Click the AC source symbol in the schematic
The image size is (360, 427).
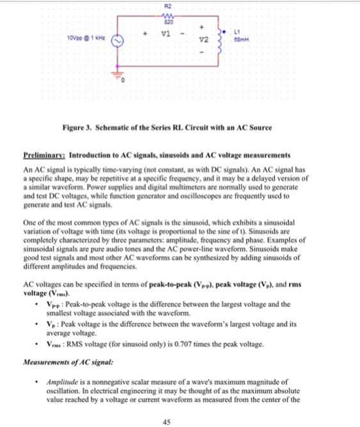118,43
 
